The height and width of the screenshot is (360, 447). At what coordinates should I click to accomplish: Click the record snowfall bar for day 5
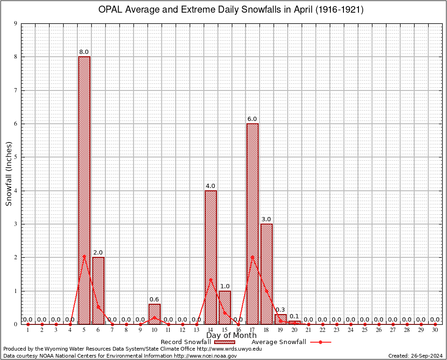tap(84, 187)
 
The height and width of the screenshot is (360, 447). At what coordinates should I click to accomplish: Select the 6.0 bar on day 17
tap(253, 220)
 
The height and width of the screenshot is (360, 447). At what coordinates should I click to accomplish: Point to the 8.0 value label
tap(84, 52)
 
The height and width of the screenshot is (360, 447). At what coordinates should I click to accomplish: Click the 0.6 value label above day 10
tap(154, 300)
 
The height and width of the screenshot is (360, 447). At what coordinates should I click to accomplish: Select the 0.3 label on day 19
tap(280, 310)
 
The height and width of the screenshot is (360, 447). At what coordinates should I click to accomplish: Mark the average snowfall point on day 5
tap(84, 256)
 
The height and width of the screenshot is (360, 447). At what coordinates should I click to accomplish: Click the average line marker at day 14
tap(211, 279)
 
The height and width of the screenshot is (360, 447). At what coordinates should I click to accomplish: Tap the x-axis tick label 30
tap(435, 330)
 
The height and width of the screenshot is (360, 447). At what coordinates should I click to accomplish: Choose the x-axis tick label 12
tap(182, 330)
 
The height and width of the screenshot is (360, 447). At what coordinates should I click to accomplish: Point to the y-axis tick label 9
tap(16, 23)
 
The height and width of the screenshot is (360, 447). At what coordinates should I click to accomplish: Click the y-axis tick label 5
tap(16, 157)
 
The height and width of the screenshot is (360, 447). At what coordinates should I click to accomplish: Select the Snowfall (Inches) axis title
tap(8, 174)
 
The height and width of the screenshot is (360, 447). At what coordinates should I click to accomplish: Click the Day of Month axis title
tap(231, 336)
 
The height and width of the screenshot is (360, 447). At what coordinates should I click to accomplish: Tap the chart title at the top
tap(230, 10)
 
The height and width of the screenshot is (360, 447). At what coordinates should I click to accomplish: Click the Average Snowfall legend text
tap(278, 342)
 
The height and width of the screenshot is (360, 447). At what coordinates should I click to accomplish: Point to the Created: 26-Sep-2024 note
tap(415, 356)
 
